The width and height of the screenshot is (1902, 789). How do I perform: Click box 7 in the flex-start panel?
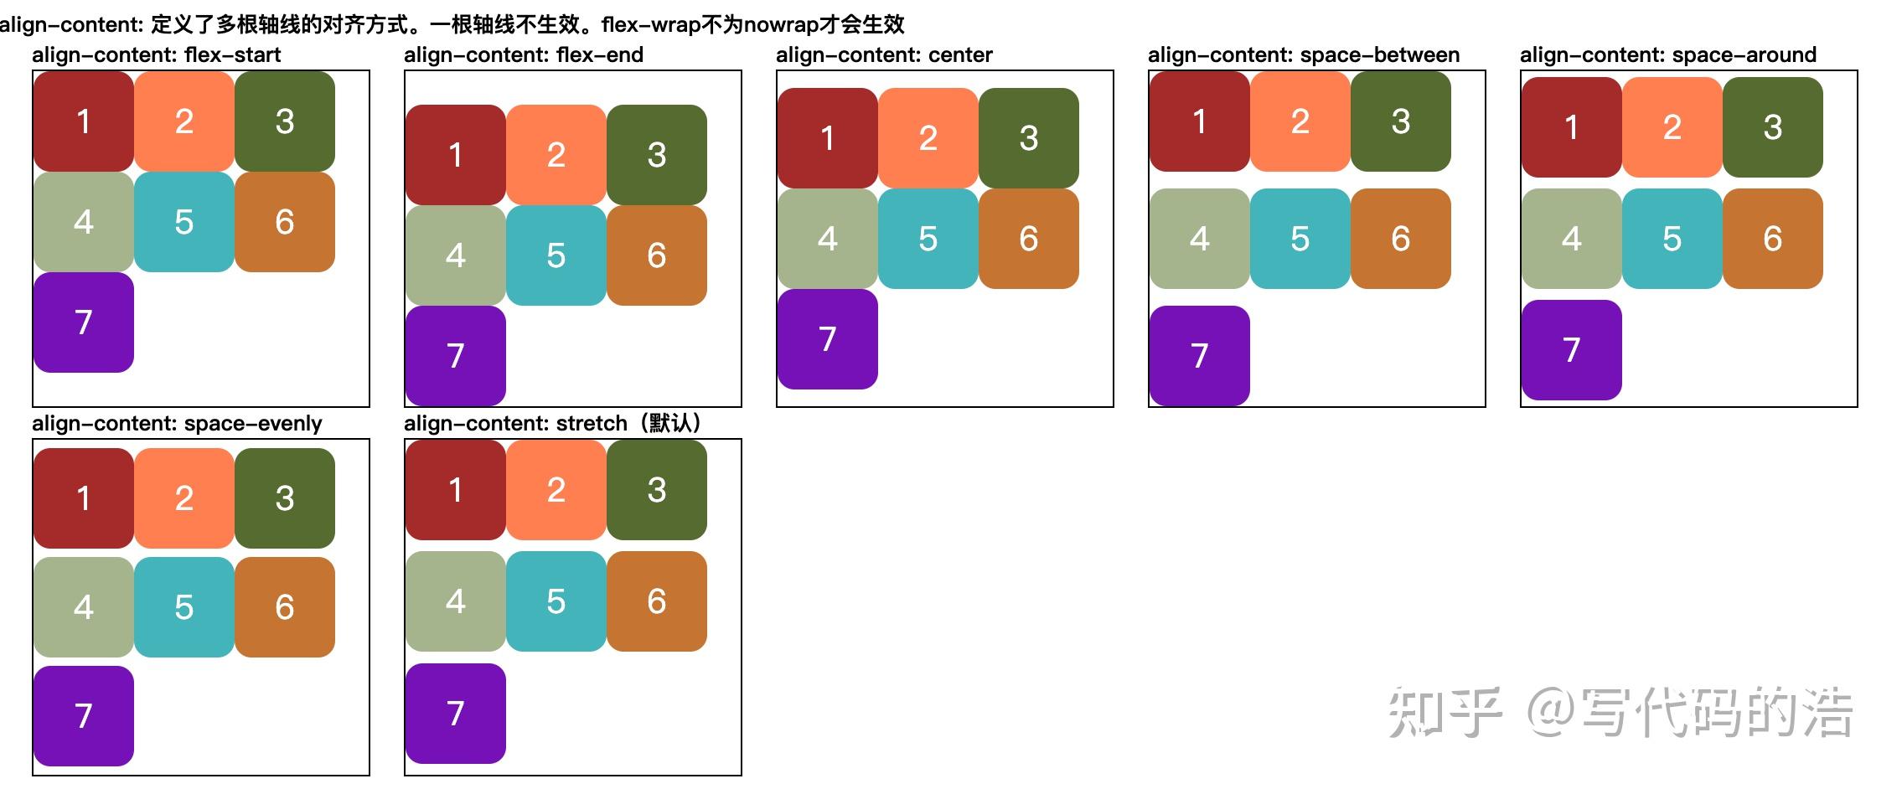tap(84, 322)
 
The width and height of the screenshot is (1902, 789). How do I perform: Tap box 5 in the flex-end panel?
tap(556, 255)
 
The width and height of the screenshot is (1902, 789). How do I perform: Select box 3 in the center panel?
tap(1029, 138)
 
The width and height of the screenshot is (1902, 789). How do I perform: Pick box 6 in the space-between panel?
tap(1401, 239)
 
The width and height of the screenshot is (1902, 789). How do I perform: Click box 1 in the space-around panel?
tap(1572, 127)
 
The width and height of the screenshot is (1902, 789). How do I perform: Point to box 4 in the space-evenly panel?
tap(84, 607)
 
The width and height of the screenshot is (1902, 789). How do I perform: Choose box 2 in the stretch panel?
tap(556, 490)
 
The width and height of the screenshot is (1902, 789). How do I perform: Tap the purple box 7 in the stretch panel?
tap(456, 714)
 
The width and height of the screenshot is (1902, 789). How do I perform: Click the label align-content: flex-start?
tap(157, 55)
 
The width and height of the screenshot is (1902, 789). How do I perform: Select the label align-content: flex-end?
tap(524, 55)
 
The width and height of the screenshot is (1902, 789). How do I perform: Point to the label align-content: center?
tap(884, 55)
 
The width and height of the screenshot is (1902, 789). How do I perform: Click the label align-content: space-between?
tap(1304, 55)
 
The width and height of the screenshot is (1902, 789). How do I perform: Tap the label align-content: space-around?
tap(1668, 55)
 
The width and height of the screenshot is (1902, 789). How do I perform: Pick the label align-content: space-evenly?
tap(177, 424)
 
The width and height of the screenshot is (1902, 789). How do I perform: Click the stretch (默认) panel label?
tap(553, 424)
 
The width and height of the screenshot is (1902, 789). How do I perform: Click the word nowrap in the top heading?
tap(781, 24)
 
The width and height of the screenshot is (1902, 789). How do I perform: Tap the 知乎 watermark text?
tap(1445, 713)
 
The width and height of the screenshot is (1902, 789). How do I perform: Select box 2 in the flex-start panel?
tap(184, 121)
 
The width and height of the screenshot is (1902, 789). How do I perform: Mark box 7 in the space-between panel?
tap(1200, 356)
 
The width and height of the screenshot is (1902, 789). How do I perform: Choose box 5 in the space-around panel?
tap(1672, 239)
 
